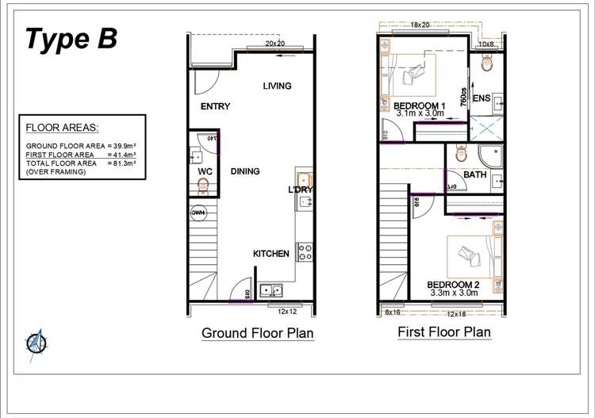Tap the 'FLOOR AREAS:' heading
tap(62, 128)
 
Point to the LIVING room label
tap(277, 86)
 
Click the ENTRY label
tap(215, 107)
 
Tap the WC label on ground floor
tap(203, 171)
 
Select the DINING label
tap(245, 171)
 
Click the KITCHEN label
tap(271, 254)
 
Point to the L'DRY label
tap(301, 190)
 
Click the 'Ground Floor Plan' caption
tap(258, 333)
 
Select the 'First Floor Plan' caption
tap(443, 332)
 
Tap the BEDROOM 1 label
tap(420, 105)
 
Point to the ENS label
tap(481, 98)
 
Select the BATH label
tap(475, 174)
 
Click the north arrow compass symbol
tap(36, 343)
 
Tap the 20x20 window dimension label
tap(275, 44)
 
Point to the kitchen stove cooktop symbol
tap(304, 251)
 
